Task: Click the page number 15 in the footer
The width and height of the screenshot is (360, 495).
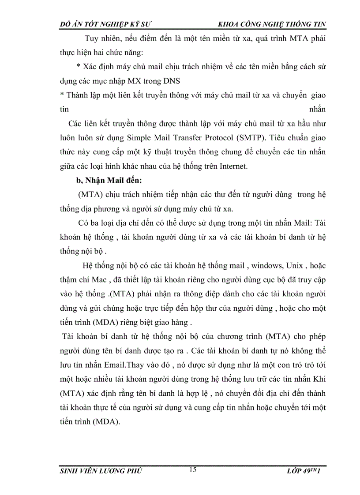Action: click(193, 470)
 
